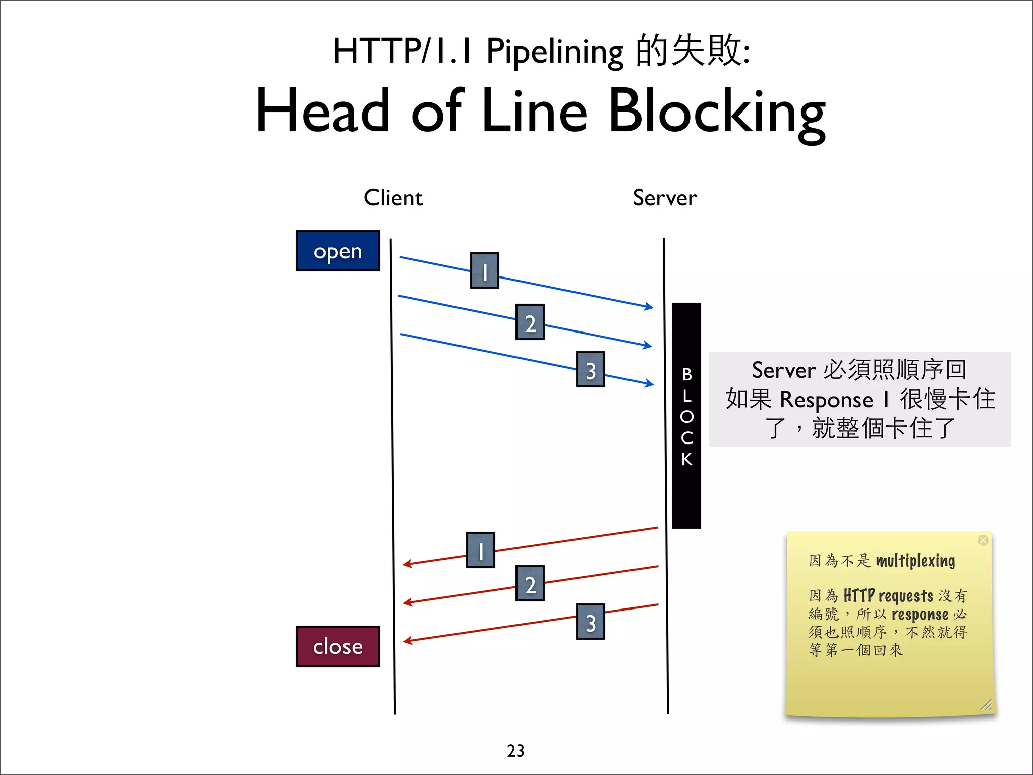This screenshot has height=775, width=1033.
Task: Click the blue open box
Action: point(337,251)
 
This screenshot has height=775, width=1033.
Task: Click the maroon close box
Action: point(337,646)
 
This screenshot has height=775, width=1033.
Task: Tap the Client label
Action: point(393,198)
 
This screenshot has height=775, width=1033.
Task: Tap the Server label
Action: point(664,198)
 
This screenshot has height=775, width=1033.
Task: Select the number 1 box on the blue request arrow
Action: point(484,270)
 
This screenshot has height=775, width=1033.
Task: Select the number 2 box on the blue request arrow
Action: point(530,322)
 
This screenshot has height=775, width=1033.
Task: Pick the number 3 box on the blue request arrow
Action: point(590,369)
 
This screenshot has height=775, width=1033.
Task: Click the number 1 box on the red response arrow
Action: point(480,550)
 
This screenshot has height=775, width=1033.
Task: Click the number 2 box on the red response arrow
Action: point(530,583)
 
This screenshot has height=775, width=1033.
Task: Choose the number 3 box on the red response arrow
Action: point(590,622)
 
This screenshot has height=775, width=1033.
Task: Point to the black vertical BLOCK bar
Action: point(686,415)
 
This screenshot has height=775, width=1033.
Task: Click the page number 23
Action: point(515,751)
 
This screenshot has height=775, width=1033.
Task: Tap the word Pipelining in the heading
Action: point(554,52)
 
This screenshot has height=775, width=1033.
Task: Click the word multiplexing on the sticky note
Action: point(915,561)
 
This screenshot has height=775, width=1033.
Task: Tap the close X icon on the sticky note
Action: point(983,540)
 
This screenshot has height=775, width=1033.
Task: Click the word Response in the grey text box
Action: point(826,400)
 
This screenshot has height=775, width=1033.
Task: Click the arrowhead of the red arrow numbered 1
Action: point(407,564)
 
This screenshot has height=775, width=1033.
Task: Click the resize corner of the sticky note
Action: point(986,705)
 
